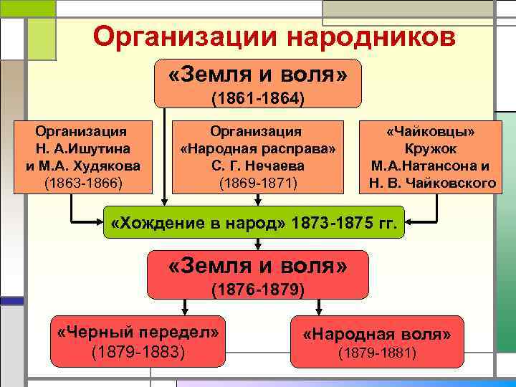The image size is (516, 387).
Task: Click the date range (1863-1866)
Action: [x=83, y=183]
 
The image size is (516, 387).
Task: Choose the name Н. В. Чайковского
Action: [x=432, y=183]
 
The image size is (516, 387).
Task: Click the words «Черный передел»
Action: [x=137, y=333]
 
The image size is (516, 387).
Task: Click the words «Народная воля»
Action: [x=377, y=335]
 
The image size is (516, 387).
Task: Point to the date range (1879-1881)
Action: [x=377, y=353]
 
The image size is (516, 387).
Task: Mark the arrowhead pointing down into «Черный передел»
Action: [x=185, y=310]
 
